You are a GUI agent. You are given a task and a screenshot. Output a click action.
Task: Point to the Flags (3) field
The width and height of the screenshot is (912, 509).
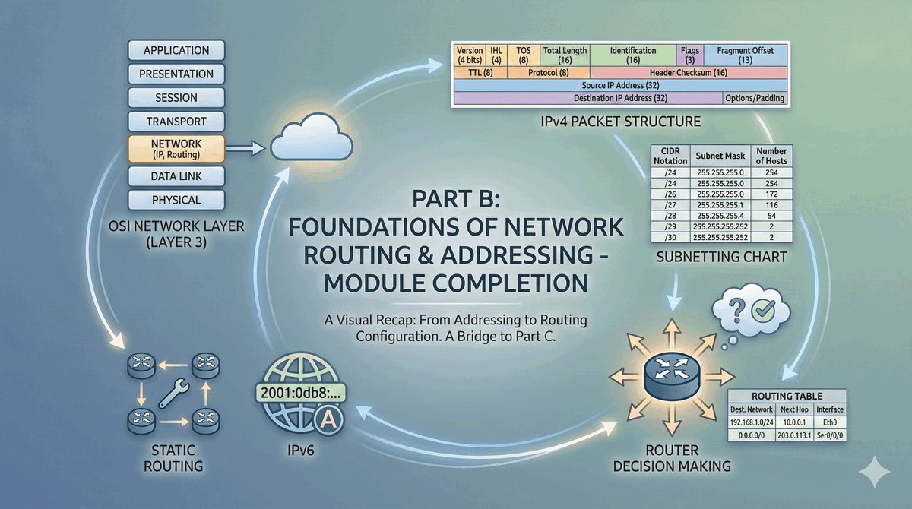pos(689,55)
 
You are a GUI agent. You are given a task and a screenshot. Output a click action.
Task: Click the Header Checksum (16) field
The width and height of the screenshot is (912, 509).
pos(689,73)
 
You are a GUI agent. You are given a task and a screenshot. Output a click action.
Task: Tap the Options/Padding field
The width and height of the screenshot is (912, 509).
pos(755,99)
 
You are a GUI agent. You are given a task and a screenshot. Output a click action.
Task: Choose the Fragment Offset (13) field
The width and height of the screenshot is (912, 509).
pos(745,55)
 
